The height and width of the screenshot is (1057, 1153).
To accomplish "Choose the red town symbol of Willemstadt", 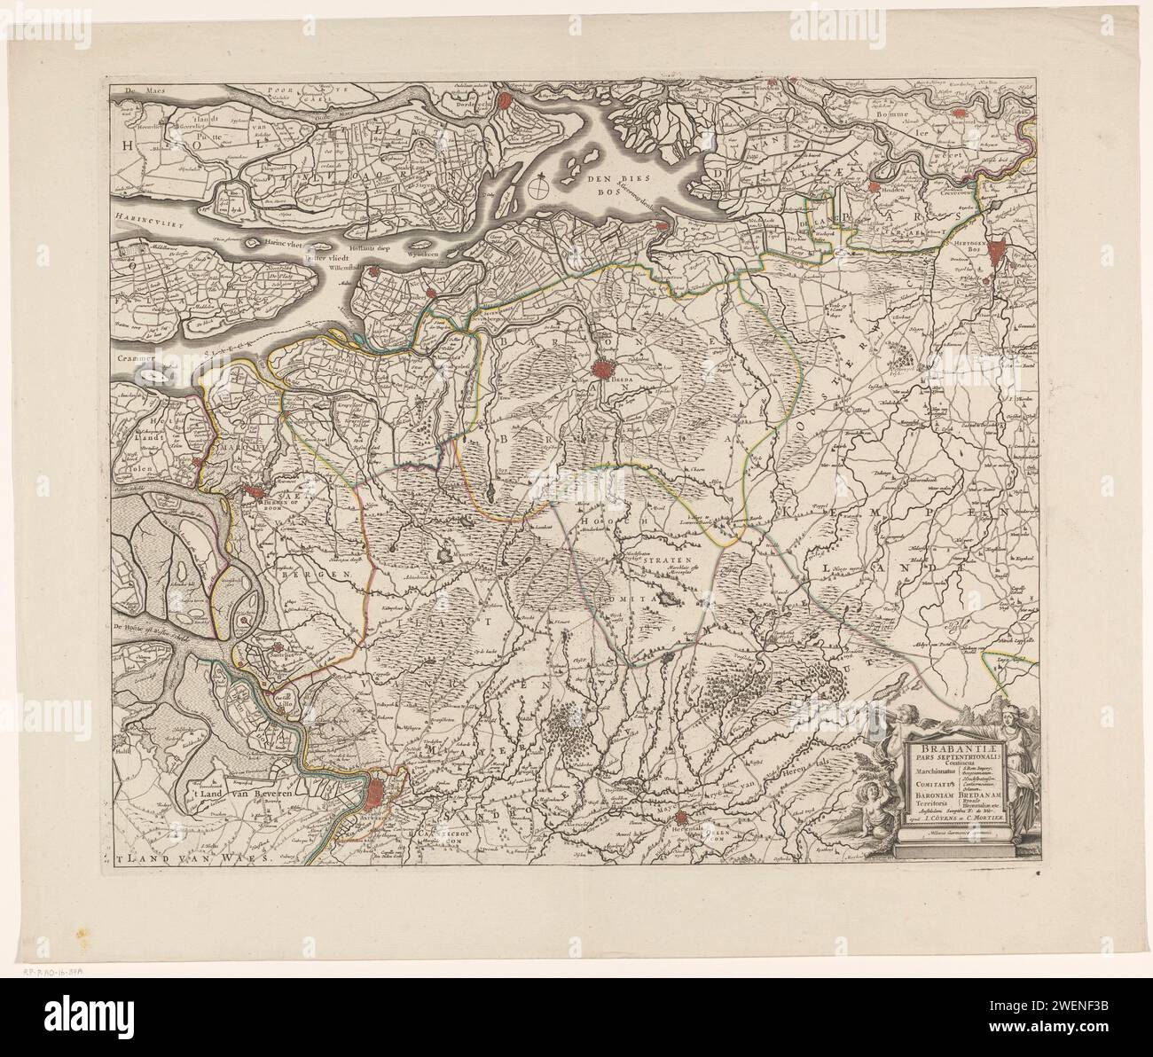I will (429, 294).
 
